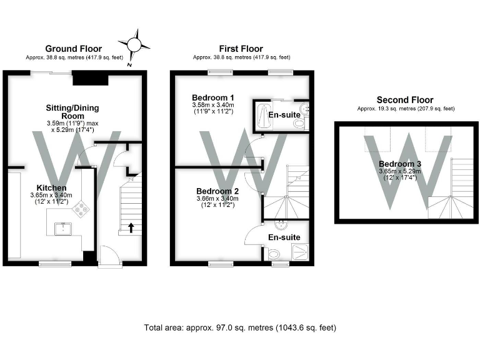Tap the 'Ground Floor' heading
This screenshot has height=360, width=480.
click(74, 49)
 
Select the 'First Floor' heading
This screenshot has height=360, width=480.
click(241, 49)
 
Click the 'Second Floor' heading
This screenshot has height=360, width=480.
click(404, 100)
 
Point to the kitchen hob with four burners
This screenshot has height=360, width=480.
click(81, 211)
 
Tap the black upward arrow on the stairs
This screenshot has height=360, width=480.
click(131, 227)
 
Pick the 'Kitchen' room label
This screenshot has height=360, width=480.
click(51, 187)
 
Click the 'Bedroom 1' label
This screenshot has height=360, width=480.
click(213, 98)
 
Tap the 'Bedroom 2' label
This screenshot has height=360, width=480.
click(217, 191)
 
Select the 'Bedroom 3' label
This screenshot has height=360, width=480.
click(400, 164)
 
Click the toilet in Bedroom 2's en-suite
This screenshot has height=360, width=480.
click(273, 254)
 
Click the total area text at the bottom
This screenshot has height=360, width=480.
click(241, 327)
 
